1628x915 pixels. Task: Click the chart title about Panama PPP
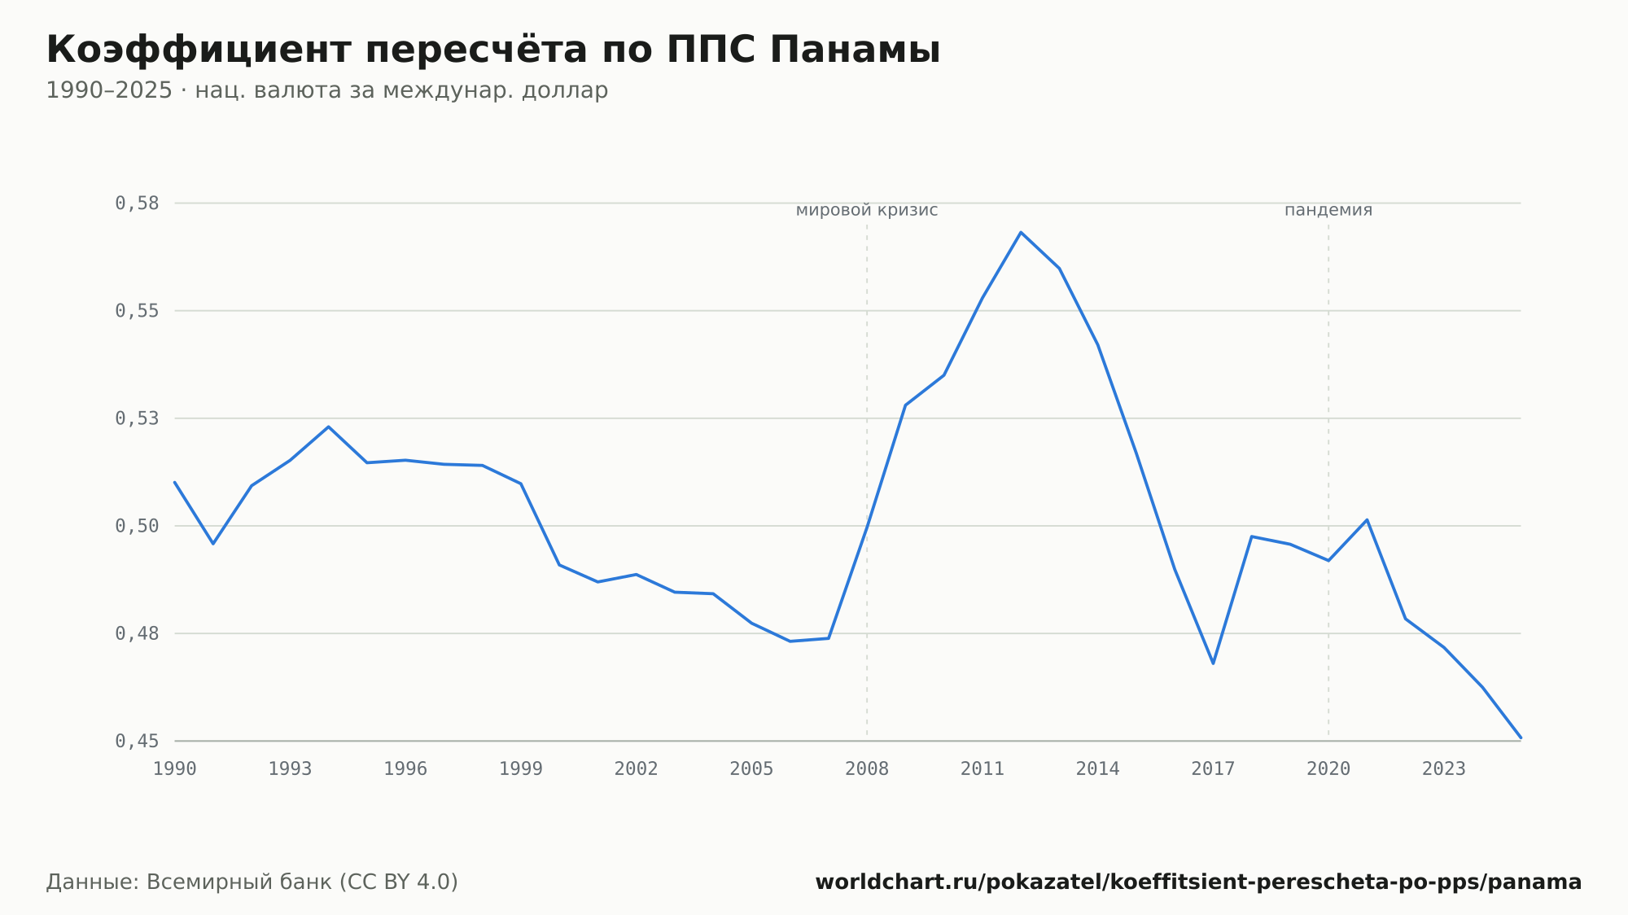(493, 50)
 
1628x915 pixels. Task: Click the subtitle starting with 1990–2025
(327, 90)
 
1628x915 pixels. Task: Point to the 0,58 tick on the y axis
(137, 204)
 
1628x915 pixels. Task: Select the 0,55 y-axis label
(137, 311)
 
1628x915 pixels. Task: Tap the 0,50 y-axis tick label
(137, 526)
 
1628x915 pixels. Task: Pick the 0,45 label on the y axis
(137, 741)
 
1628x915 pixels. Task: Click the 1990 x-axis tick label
(175, 769)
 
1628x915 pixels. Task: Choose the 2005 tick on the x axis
(751, 769)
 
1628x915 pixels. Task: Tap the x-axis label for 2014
(1098, 769)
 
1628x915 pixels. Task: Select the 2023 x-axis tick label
(1444, 769)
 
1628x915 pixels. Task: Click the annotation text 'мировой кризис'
(867, 210)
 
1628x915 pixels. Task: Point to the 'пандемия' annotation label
(1328, 210)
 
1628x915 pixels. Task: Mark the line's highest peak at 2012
(1021, 232)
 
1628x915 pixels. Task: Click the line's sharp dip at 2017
(1213, 663)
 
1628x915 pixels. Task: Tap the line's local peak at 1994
(328, 427)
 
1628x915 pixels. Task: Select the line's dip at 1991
(213, 543)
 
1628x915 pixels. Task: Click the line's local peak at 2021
(1367, 519)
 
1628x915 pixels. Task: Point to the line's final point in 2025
(1521, 738)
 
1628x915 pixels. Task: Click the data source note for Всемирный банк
(252, 882)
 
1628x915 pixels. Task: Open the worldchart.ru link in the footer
(1198, 882)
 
